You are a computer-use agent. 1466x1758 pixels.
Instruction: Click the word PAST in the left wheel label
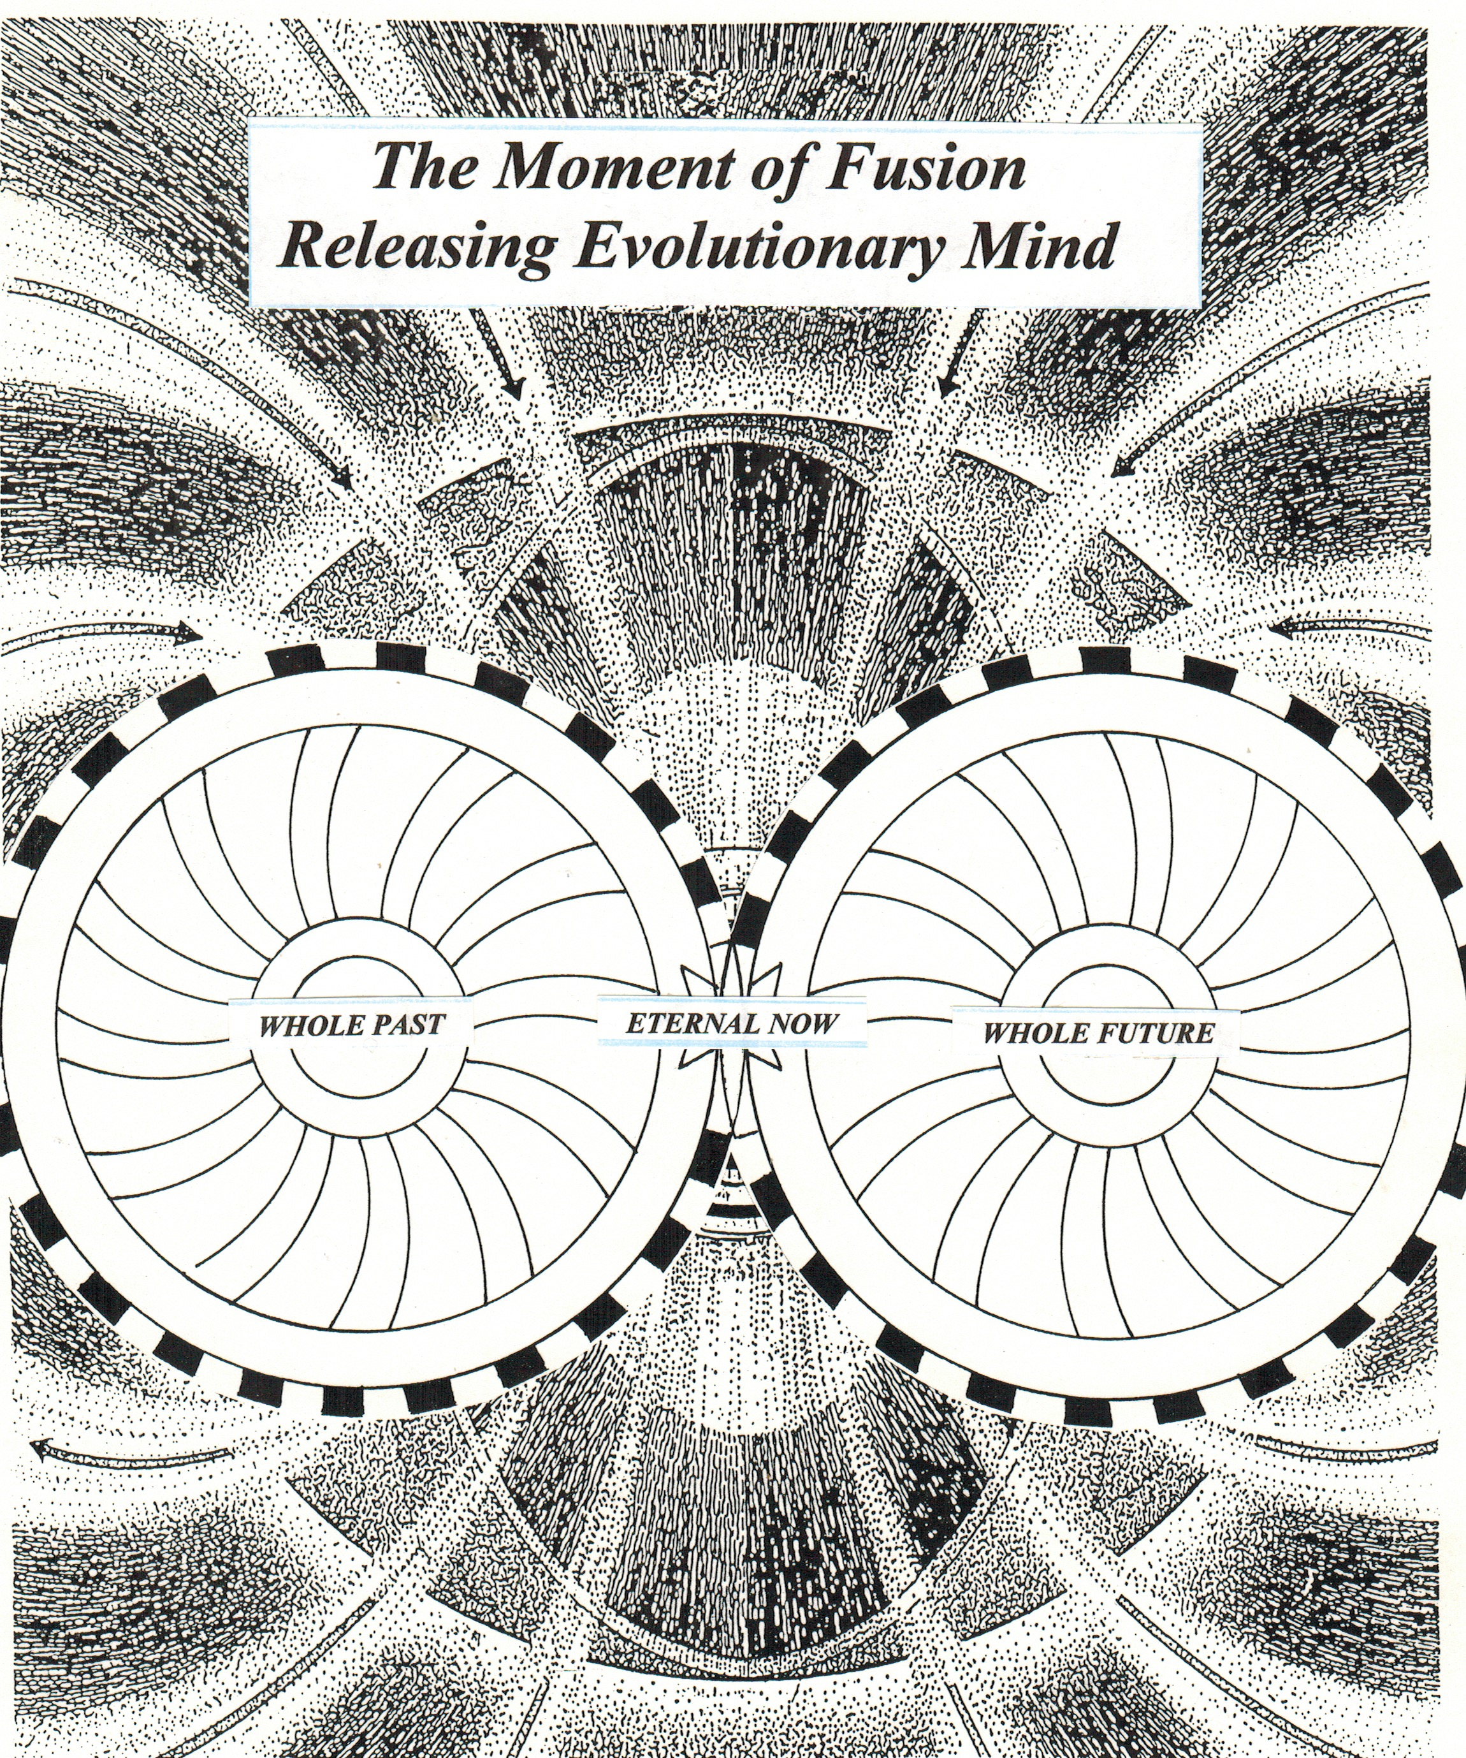click(402, 1025)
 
